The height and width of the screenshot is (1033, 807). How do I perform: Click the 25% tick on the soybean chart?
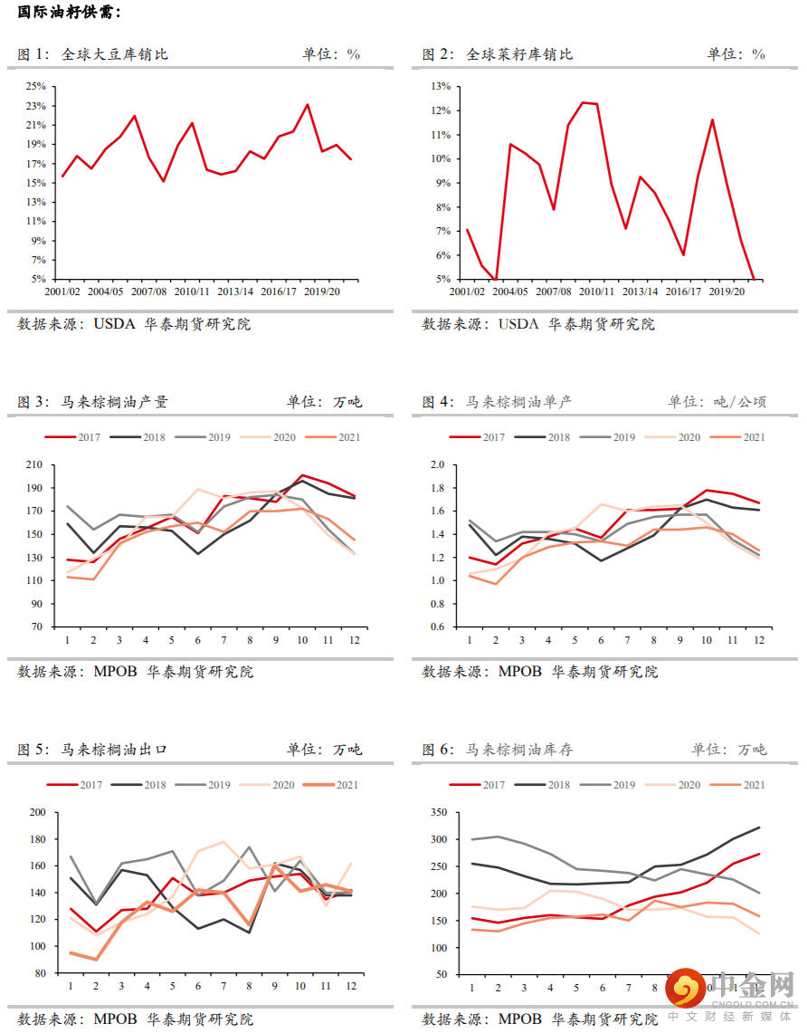click(x=35, y=86)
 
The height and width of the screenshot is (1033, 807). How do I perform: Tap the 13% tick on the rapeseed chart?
click(x=441, y=86)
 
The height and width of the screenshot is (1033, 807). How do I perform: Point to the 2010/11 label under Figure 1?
click(x=192, y=292)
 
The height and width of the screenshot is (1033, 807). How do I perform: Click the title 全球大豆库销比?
click(x=115, y=54)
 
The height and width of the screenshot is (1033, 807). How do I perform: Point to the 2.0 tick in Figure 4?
click(x=438, y=464)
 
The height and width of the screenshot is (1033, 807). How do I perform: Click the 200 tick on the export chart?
click(x=37, y=812)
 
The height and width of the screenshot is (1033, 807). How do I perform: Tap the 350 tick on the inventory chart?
click(x=438, y=812)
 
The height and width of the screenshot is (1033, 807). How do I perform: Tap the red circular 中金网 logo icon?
click(x=685, y=989)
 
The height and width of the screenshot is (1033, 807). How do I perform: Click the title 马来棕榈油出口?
click(x=115, y=750)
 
